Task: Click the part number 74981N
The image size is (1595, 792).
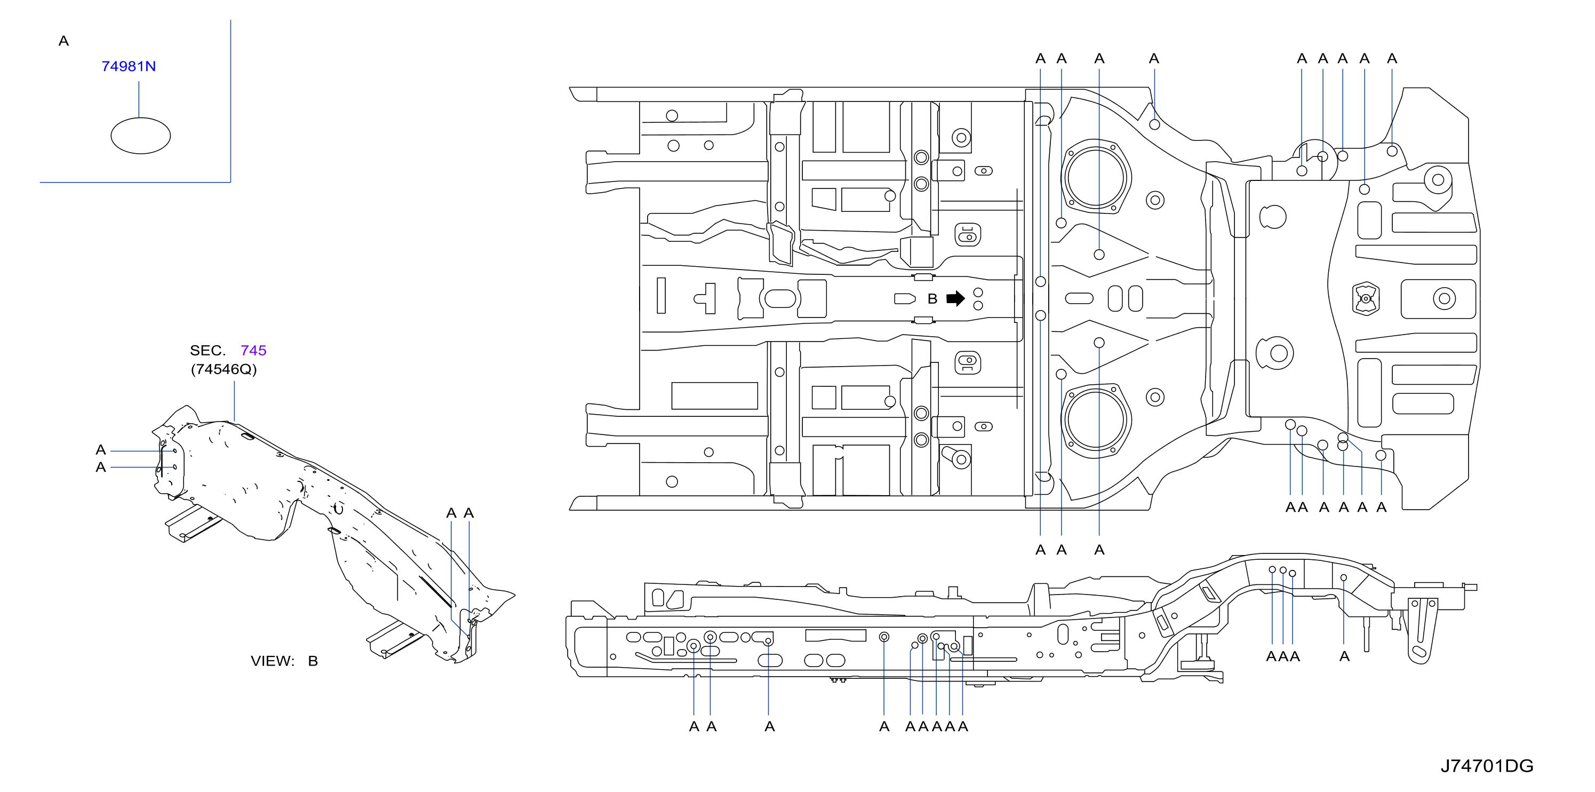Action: [128, 66]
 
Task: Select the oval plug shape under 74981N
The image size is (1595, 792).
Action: [140, 136]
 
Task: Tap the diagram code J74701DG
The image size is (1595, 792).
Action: [1487, 766]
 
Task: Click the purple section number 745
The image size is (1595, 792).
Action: [253, 351]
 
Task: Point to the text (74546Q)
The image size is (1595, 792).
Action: [224, 369]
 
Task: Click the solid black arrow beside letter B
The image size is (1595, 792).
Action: [955, 298]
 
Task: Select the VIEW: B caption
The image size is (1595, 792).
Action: [284, 661]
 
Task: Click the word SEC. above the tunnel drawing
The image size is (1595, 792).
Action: [208, 351]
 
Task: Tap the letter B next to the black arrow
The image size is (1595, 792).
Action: [932, 298]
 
